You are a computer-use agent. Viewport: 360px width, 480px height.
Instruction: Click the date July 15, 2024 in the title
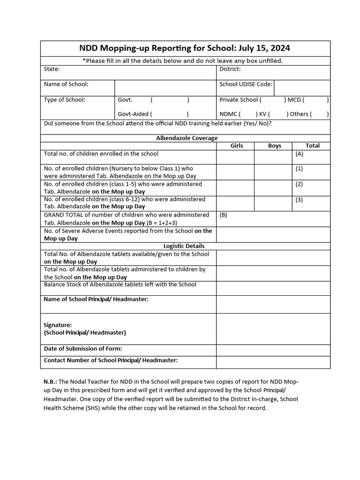264,48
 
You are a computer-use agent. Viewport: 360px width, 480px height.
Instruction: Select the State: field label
52,69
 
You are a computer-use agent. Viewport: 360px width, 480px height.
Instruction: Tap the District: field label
230,69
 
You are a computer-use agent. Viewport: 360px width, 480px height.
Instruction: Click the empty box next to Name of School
165,87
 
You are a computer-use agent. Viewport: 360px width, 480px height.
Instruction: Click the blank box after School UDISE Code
302,87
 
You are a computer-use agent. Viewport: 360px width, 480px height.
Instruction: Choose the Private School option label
239,100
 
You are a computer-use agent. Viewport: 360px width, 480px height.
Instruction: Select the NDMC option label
230,113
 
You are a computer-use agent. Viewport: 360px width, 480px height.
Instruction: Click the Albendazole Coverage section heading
187,138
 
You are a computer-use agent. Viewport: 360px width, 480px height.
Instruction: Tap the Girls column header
237,146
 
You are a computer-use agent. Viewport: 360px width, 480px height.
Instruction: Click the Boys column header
275,146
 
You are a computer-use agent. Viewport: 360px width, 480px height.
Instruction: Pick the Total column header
312,146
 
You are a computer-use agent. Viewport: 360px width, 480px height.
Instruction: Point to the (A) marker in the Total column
299,154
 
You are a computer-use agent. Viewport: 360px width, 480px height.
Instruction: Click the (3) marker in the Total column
299,200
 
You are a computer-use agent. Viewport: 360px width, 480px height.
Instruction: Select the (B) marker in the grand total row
224,215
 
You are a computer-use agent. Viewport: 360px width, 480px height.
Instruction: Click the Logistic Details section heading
184,246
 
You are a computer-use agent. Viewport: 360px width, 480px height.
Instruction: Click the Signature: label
58,325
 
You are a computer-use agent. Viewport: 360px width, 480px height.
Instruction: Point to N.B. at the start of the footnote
50,382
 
